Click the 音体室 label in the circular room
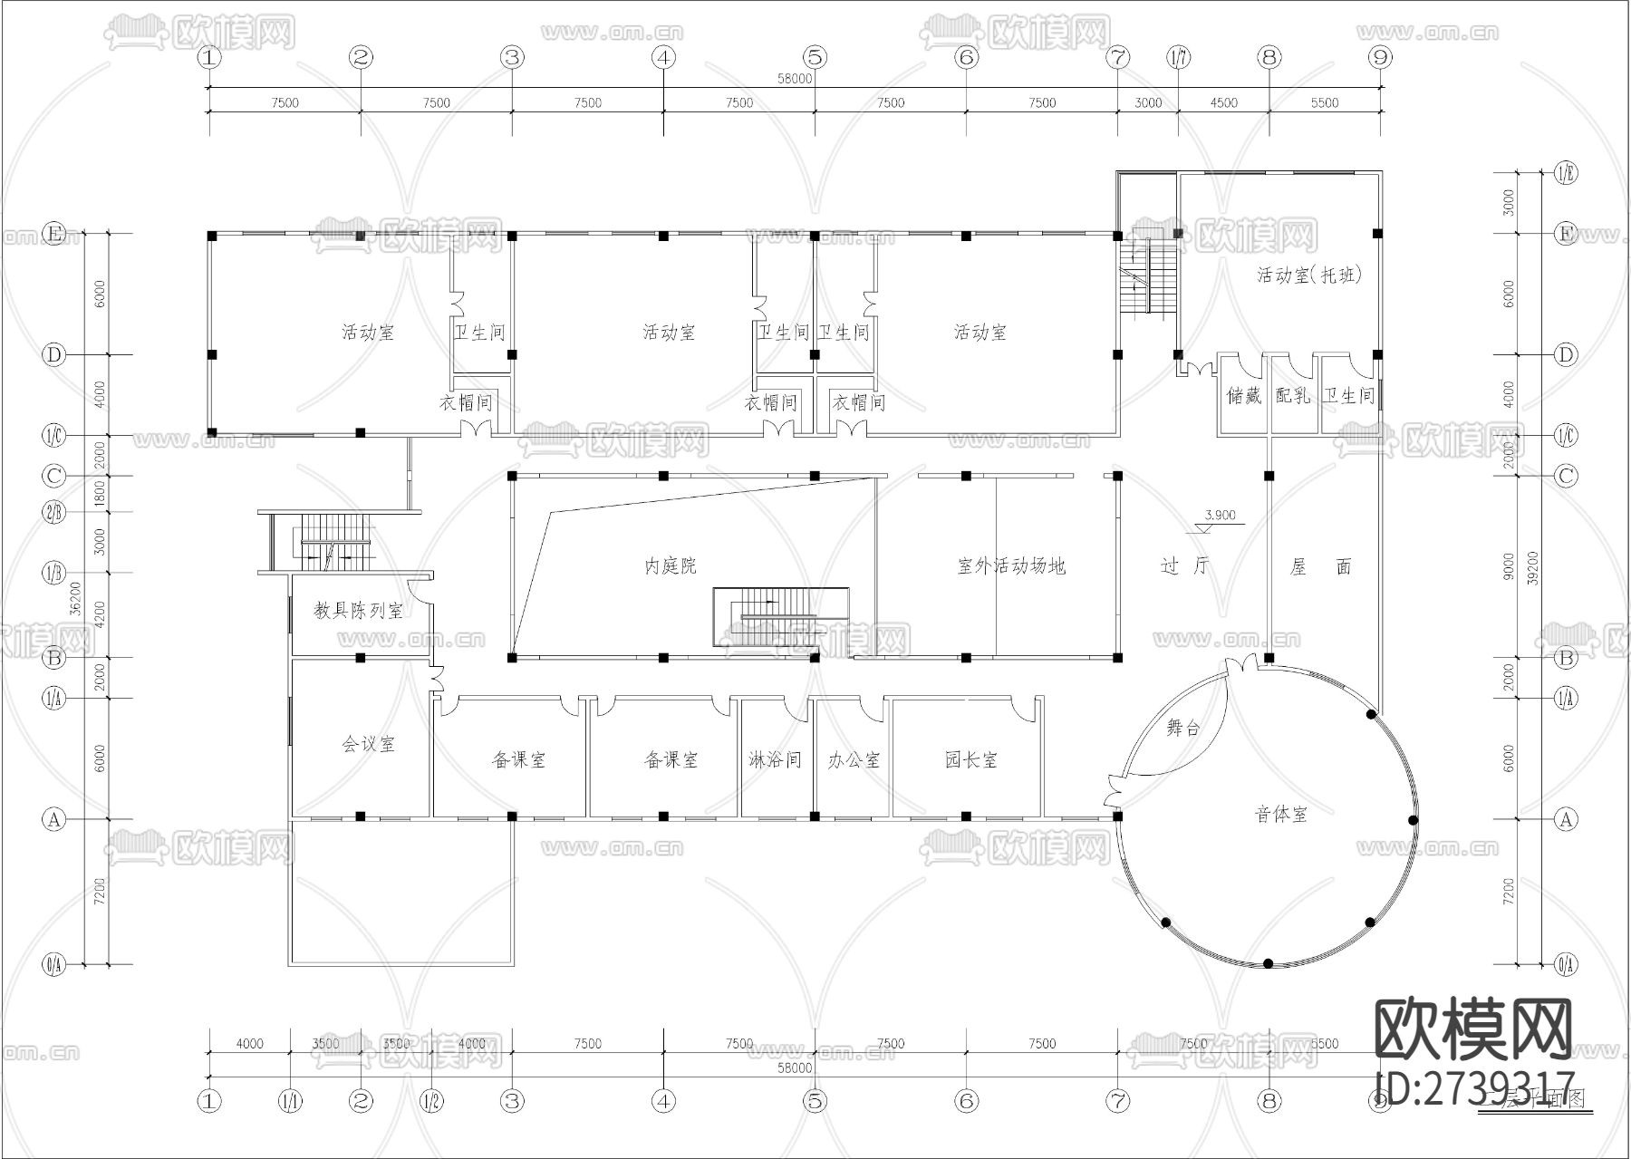pyautogui.click(x=1280, y=815)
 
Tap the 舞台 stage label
pyautogui.click(x=1182, y=729)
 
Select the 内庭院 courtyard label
pyautogui.click(x=671, y=566)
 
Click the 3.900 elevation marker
pyautogui.click(x=1219, y=516)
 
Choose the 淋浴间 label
pyautogui.click(x=776, y=760)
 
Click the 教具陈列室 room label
pyautogui.click(x=359, y=611)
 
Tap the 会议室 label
pyautogui.click(x=369, y=745)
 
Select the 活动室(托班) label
pyautogui.click(x=1308, y=275)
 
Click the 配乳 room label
pyautogui.click(x=1292, y=395)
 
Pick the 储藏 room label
pyautogui.click(x=1243, y=396)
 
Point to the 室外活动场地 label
pyautogui.click(x=1011, y=566)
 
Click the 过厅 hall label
pyautogui.click(x=1184, y=566)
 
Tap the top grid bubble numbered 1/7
pyautogui.click(x=1179, y=58)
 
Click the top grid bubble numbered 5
pyautogui.click(x=815, y=58)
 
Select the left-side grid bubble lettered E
pyautogui.click(x=54, y=234)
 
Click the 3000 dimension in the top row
pyautogui.click(x=1147, y=103)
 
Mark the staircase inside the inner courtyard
pyautogui.click(x=781, y=617)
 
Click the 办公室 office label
pyautogui.click(x=854, y=760)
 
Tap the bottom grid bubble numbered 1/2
pyautogui.click(x=432, y=1101)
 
